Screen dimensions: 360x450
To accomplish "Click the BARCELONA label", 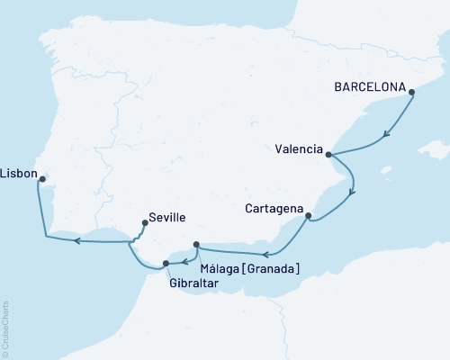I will tap(369, 89).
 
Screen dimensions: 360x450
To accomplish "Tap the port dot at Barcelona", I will tap(410, 92).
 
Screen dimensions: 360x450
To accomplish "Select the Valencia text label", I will tap(298, 150).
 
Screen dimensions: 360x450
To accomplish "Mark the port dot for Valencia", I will tap(328, 154).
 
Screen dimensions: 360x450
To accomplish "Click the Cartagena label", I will tap(274, 209).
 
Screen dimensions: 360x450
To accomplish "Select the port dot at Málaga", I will tap(196, 243).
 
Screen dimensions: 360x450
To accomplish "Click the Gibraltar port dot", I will tap(166, 264).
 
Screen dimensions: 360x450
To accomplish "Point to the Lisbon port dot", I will tap(41, 179).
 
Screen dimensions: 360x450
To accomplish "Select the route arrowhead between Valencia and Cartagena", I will tap(352, 190).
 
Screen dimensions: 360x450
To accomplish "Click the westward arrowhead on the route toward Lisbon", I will tap(77, 240).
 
